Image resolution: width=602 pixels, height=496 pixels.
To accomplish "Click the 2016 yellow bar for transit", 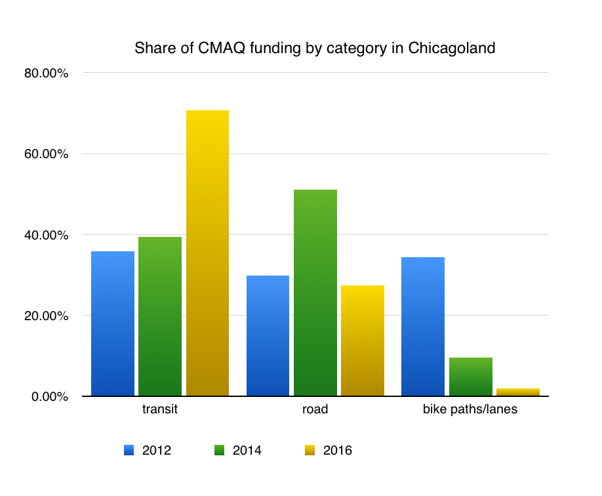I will click(207, 253).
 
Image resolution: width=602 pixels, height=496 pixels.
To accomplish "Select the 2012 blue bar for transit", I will click(113, 323).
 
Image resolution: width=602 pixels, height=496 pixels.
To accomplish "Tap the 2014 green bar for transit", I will click(160, 316).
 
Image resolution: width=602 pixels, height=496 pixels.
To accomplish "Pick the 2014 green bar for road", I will click(315, 293).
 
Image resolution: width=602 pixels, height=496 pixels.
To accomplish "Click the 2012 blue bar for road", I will click(268, 336).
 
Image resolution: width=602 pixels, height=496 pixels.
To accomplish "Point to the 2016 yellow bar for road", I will click(363, 341).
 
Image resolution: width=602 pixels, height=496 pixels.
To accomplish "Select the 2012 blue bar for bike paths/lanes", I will click(422, 327).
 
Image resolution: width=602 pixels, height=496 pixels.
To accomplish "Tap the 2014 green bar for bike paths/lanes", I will click(470, 377).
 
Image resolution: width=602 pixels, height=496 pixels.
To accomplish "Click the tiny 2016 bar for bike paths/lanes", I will click(517, 392).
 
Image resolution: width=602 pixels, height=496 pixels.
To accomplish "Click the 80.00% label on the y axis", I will click(47, 73).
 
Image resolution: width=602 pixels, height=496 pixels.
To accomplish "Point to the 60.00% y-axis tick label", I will click(47, 154).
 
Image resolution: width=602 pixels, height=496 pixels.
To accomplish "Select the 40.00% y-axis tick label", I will click(47, 235).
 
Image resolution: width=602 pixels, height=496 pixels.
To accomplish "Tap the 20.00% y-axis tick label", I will click(47, 316).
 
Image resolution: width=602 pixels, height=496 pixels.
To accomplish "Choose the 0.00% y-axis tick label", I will click(49, 396).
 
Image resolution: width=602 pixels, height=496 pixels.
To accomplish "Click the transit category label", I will click(160, 411).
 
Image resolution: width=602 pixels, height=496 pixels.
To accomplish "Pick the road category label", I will click(315, 411).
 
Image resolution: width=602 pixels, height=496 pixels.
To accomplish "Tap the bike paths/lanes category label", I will click(470, 411).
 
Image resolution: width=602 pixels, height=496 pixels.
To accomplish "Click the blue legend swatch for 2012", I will click(129, 450).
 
